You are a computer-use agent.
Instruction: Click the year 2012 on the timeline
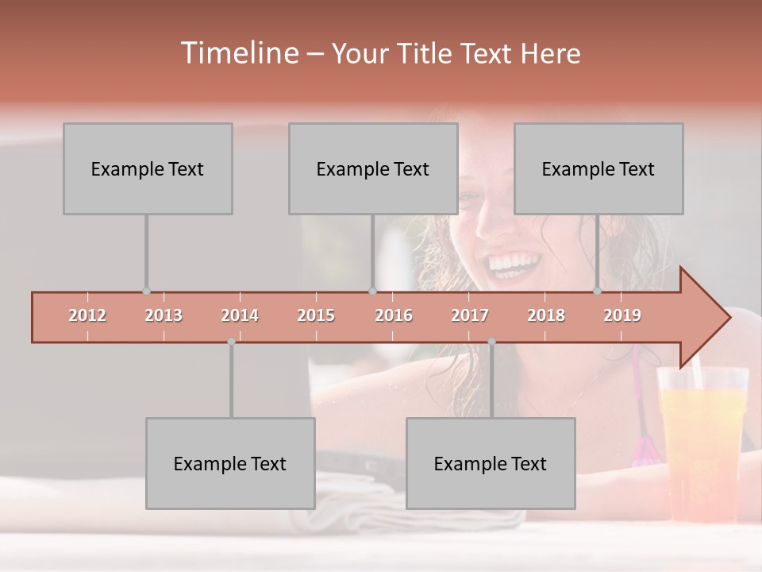pyautogui.click(x=87, y=316)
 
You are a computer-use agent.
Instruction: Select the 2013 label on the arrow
pyautogui.click(x=164, y=316)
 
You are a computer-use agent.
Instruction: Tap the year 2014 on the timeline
pyautogui.click(x=240, y=316)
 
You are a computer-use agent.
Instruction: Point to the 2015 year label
pyautogui.click(x=316, y=316)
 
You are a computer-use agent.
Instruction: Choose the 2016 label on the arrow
pyautogui.click(x=394, y=316)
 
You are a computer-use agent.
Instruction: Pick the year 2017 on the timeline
pyautogui.click(x=470, y=316)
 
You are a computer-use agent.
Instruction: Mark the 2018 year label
pyautogui.click(x=546, y=316)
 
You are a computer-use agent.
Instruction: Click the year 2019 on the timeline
pyautogui.click(x=622, y=316)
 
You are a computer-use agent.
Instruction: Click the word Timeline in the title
pyautogui.click(x=238, y=53)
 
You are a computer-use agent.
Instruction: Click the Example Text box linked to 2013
pyautogui.click(x=148, y=168)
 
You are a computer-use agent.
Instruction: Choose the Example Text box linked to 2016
pyautogui.click(x=373, y=168)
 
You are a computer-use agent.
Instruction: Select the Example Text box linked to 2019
pyautogui.click(x=598, y=168)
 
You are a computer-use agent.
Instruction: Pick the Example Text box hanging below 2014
pyautogui.click(x=230, y=463)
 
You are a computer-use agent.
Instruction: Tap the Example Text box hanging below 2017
pyautogui.click(x=491, y=463)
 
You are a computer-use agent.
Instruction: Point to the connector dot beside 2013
pyautogui.click(x=146, y=292)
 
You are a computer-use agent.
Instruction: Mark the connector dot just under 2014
pyautogui.click(x=231, y=342)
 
